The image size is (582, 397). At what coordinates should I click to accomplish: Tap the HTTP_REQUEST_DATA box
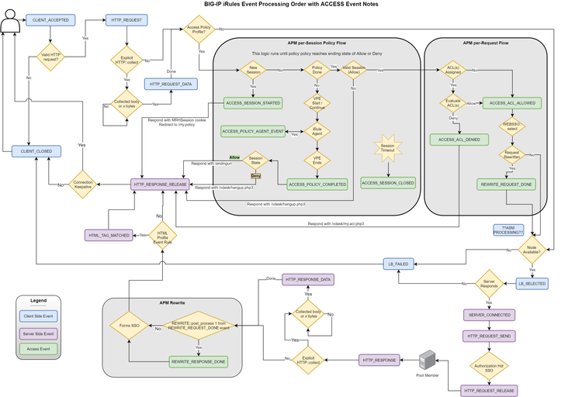click(x=171, y=84)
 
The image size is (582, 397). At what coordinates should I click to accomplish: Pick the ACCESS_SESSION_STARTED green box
click(x=251, y=102)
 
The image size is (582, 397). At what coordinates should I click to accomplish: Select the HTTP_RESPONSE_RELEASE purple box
click(x=161, y=184)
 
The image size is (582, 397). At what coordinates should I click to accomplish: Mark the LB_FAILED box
click(x=397, y=264)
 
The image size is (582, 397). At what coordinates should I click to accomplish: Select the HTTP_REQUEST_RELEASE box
click(x=488, y=389)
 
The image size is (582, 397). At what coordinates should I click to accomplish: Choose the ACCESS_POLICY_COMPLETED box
click(x=317, y=184)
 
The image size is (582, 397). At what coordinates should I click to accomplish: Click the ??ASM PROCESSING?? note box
click(x=508, y=230)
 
